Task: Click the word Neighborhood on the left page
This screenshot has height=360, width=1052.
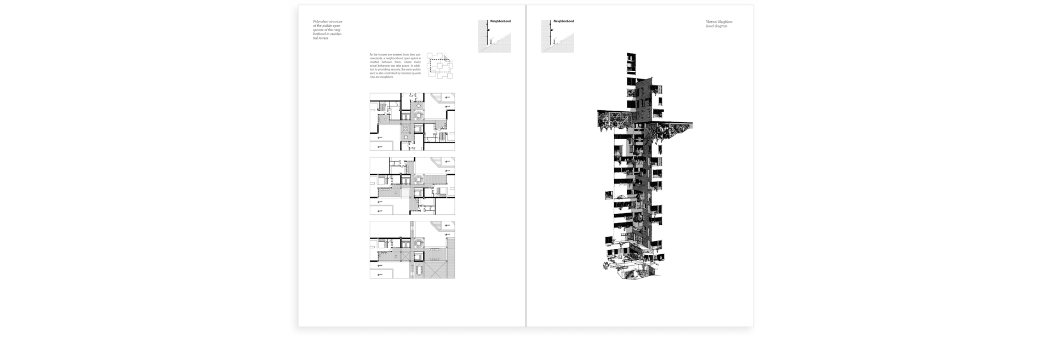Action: coord(501,21)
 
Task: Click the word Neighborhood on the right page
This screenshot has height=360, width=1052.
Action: coord(563,21)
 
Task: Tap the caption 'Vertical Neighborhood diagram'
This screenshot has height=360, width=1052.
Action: coord(719,24)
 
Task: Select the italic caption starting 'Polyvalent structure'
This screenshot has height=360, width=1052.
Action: coord(328,30)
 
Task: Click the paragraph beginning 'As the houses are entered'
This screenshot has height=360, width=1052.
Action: coord(395,66)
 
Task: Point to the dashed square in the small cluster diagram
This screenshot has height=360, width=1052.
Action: coord(438,66)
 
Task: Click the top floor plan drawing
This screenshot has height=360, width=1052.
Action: coord(412,122)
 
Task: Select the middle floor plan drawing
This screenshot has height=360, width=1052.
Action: coord(412,186)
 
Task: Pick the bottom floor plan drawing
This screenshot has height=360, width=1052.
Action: coord(412,250)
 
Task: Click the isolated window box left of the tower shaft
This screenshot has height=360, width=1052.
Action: coord(609,195)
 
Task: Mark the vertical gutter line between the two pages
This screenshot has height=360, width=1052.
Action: coord(526,164)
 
